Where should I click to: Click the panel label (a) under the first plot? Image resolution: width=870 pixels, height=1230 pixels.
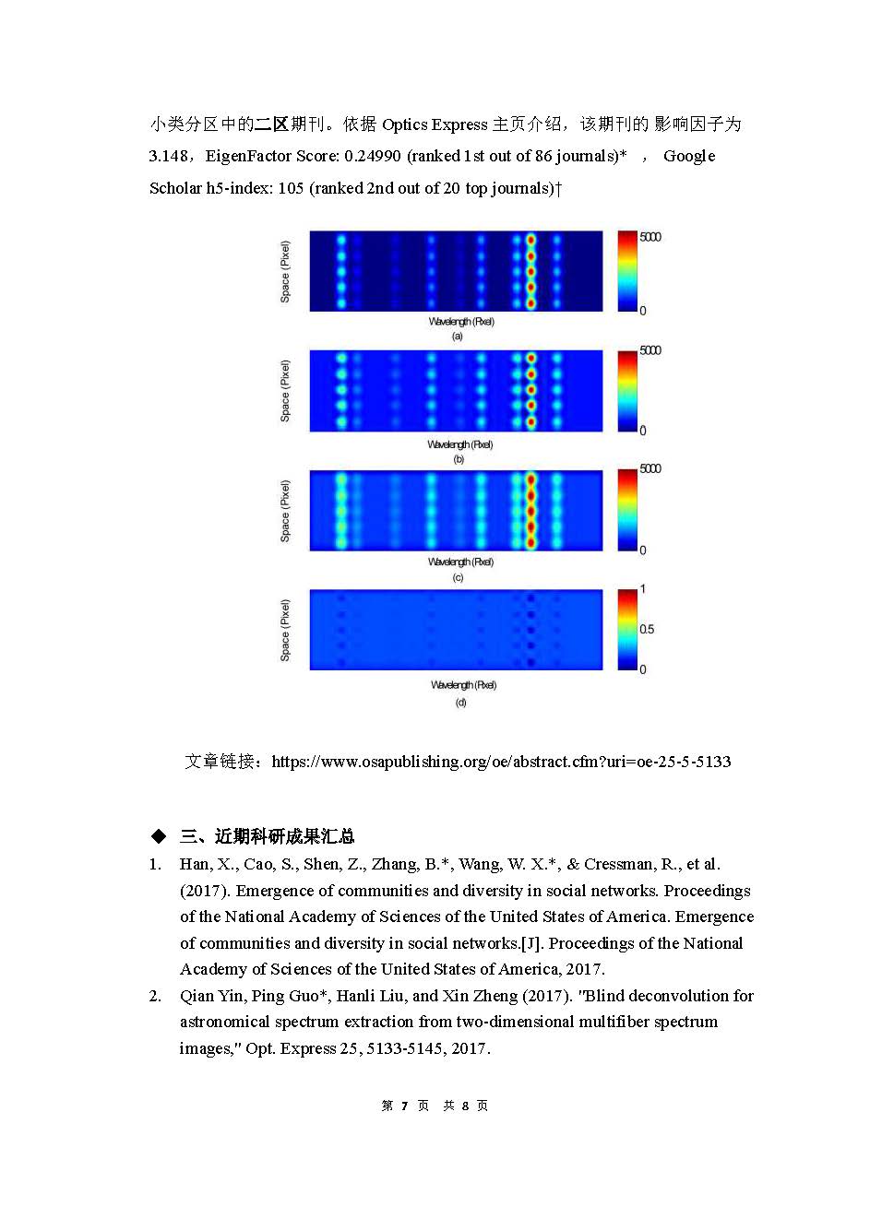(x=457, y=337)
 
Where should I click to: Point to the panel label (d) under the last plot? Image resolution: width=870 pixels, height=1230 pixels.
(x=460, y=703)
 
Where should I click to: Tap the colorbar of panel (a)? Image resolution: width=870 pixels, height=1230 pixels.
(x=627, y=271)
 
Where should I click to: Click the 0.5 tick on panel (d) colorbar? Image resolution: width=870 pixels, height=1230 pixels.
(x=647, y=629)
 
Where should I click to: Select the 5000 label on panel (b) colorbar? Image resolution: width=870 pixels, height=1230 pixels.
(x=650, y=350)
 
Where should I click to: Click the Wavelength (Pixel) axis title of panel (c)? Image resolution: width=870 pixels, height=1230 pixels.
(x=460, y=562)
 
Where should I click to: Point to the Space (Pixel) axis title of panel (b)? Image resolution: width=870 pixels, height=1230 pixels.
(x=285, y=391)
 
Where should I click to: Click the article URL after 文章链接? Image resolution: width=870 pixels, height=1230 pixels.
(x=501, y=762)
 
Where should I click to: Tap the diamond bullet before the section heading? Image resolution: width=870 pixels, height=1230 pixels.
(x=159, y=836)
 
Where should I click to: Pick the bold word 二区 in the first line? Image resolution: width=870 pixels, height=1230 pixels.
(x=271, y=124)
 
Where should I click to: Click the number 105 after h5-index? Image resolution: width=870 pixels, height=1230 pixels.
(x=291, y=188)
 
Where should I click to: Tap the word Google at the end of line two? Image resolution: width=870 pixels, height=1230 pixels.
(x=689, y=156)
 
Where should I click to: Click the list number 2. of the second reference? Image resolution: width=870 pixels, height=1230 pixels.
(x=156, y=996)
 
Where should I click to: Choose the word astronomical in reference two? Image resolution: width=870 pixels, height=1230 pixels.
(x=224, y=1022)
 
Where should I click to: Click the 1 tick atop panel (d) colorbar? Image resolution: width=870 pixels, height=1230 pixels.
(x=643, y=589)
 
